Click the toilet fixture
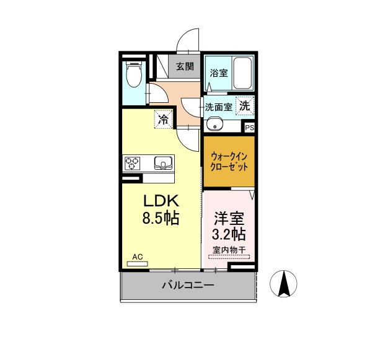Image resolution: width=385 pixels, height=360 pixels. tap(134, 74)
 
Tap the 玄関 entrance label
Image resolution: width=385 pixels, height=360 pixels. tap(185, 66)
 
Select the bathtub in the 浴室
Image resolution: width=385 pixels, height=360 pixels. tap(242, 73)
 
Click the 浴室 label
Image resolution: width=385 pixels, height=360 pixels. tap(218, 73)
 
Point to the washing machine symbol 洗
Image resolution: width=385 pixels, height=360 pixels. tap(244, 106)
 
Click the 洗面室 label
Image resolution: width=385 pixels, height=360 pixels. tap(218, 107)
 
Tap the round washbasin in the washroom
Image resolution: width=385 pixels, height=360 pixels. tap(215, 124)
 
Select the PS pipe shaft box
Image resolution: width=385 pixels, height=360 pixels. tap(249, 128)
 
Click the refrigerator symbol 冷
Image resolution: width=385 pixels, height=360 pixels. tap(163, 120)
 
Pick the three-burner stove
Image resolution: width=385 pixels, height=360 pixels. tap(132, 164)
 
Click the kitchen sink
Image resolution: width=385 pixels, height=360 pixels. tap(163, 163)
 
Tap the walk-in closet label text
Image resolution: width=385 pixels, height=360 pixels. tap(229, 162)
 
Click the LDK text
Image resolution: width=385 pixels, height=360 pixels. tap(161, 201)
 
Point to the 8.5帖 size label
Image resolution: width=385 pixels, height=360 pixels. tap(161, 217)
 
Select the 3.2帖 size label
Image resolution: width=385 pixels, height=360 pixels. tap(229, 234)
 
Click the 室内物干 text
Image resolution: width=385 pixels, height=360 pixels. tap(229, 250)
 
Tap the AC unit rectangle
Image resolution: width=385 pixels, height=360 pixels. tap(137, 264)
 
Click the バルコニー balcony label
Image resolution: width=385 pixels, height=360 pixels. tap(188, 285)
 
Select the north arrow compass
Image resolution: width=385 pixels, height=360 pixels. tap(283, 283)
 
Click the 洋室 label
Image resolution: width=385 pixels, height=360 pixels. tap(229, 218)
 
